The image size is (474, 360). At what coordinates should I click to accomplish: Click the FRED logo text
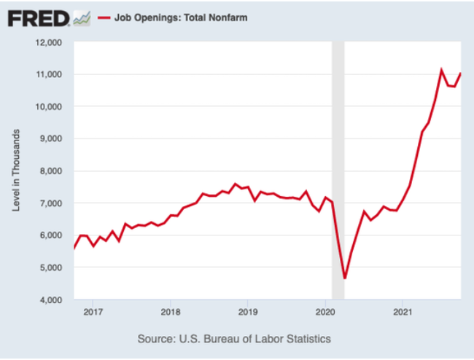point(38,17)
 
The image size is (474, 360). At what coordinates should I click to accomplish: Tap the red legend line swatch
point(104,17)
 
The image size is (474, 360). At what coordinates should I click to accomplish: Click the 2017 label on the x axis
point(93,313)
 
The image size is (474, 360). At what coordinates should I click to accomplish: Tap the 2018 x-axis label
point(170,313)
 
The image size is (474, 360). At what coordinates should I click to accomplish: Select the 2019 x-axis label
point(247,313)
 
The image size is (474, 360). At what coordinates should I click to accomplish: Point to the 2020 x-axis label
point(325,313)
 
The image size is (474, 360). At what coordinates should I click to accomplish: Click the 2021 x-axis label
point(403,313)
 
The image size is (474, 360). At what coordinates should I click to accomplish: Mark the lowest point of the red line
point(345,278)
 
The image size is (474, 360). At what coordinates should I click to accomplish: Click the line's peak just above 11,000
point(441,70)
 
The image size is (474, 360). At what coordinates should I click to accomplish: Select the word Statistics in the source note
point(306,339)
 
